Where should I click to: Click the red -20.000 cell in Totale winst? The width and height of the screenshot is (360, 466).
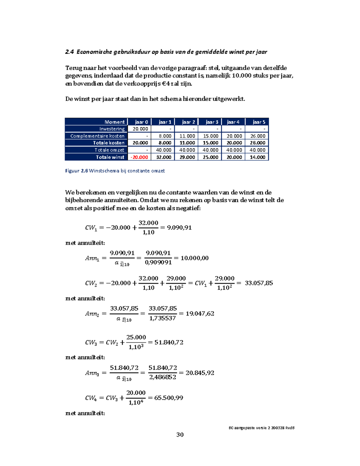[139, 157]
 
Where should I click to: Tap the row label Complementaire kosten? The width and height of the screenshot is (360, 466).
[97, 136]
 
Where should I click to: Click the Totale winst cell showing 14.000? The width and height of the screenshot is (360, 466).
[257, 157]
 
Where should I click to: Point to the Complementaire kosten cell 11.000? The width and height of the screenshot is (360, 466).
[187, 136]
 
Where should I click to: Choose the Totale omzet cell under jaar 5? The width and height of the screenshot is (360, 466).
[257, 150]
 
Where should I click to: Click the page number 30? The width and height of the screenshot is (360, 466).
[180, 434]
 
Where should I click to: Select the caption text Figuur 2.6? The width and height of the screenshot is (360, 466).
[76, 171]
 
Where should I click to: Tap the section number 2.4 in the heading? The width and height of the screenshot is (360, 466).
[69, 52]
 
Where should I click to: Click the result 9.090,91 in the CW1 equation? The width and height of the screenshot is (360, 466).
[179, 227]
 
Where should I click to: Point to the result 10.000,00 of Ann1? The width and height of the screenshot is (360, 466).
[194, 258]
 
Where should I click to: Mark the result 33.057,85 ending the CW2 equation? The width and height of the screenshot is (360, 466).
[259, 283]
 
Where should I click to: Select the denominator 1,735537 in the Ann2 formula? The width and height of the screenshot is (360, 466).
[163, 318]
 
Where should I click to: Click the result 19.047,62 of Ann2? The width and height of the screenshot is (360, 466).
[200, 314]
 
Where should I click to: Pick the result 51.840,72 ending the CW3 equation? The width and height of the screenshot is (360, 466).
[169, 342]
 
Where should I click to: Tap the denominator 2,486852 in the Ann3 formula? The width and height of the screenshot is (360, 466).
[163, 377]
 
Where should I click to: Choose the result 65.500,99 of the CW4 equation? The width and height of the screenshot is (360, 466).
[169, 398]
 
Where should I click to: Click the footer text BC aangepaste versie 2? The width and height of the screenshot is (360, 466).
[249, 428]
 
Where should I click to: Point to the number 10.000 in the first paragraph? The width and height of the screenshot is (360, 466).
[242, 76]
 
